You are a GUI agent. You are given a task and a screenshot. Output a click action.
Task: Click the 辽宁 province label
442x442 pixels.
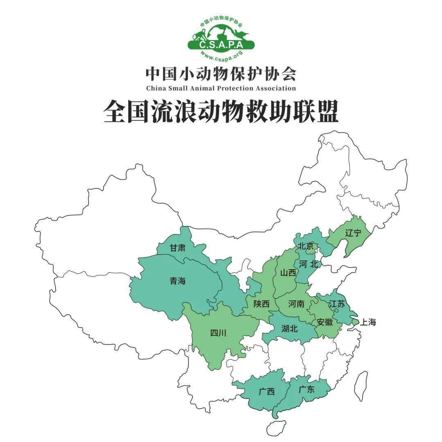click(353, 233)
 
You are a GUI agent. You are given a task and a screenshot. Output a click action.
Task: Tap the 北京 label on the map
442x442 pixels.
click(305, 246)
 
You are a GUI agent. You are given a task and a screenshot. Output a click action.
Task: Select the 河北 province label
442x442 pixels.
click(308, 264)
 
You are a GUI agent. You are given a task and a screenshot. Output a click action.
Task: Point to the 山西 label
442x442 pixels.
click(288, 273)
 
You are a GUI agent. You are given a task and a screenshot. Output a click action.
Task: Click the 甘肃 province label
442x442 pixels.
click(177, 248)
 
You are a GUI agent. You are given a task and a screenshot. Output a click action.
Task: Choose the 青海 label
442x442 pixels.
click(178, 281)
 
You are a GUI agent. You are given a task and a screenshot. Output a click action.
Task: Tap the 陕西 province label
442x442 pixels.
click(262, 304)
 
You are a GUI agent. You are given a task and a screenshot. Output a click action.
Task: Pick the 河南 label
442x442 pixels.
click(296, 304)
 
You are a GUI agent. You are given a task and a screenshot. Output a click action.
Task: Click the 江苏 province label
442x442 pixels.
click(337, 304)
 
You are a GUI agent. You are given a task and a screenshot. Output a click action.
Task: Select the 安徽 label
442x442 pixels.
click(325, 322)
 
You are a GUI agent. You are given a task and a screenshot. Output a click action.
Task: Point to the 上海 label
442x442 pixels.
click(367, 322)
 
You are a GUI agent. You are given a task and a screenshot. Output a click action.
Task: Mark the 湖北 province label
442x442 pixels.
click(289, 328)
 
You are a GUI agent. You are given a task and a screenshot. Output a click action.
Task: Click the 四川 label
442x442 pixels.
click(218, 333)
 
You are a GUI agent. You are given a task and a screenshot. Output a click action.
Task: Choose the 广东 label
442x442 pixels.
click(306, 389)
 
